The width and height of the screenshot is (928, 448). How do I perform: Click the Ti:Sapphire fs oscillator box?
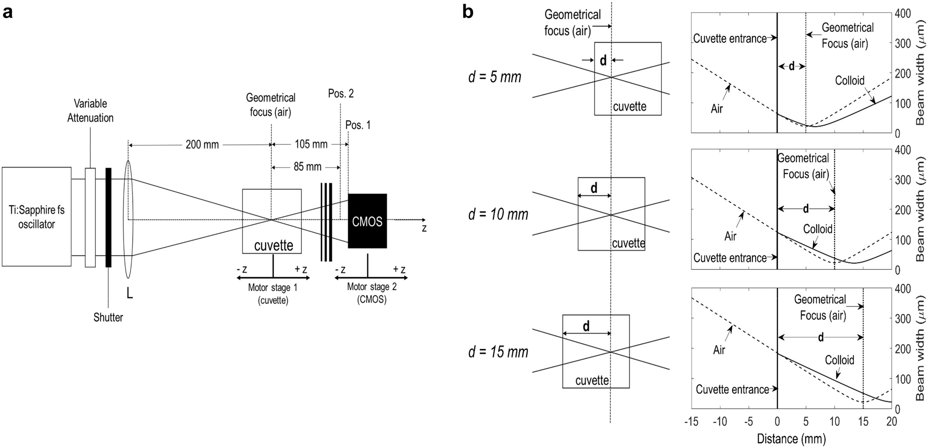click(x=36, y=217)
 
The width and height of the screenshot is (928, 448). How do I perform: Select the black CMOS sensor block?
click(x=367, y=221)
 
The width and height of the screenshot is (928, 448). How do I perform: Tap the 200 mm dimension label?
click(x=202, y=144)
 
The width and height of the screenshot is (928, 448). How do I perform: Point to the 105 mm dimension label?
click(x=311, y=144)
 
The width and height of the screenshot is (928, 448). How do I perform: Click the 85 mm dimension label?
click(x=307, y=167)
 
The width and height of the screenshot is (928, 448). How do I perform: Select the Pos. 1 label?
click(x=358, y=125)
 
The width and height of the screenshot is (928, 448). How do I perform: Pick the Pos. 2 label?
click(x=341, y=93)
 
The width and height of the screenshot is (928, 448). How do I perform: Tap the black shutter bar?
click(x=109, y=217)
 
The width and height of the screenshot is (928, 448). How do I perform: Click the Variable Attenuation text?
click(x=90, y=110)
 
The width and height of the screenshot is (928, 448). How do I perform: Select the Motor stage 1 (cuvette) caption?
click(x=273, y=293)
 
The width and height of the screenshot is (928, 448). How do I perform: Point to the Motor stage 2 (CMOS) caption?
click(x=372, y=293)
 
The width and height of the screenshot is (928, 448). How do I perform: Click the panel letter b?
click(x=468, y=12)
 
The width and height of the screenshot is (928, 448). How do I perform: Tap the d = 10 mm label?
click(x=498, y=214)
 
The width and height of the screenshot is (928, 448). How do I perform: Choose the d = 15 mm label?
click(x=498, y=352)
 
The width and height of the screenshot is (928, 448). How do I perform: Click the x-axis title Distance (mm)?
click(x=791, y=439)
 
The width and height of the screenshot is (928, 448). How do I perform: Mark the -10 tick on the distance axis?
click(x=720, y=422)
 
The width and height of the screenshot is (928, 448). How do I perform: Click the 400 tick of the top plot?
click(x=903, y=14)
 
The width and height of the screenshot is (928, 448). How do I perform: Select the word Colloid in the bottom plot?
click(x=839, y=360)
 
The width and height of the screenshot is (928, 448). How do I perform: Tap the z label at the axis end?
click(x=424, y=228)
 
